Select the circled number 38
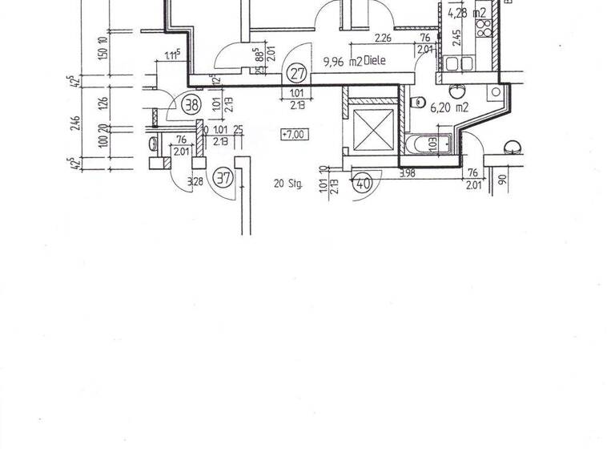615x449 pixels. point(191,103)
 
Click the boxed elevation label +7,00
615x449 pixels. point(293,135)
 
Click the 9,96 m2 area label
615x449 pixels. point(342,59)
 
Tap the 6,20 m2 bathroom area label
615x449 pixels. point(448,106)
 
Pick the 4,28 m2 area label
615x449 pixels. point(467,13)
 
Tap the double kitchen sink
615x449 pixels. point(464,63)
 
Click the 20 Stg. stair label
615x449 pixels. point(286,184)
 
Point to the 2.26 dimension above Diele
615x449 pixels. point(383,37)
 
